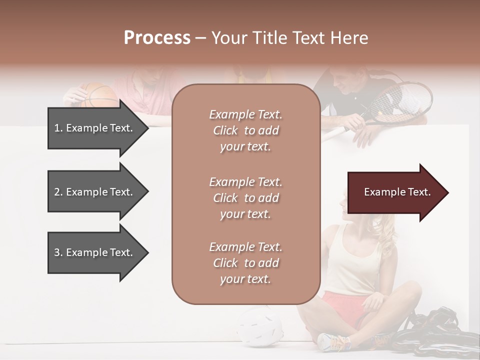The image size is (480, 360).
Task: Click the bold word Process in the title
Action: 157,38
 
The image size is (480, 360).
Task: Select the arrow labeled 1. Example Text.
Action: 95,128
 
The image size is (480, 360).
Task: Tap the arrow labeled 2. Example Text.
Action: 95,192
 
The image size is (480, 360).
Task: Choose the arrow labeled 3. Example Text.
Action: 95,252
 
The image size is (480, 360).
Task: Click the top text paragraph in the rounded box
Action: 245,130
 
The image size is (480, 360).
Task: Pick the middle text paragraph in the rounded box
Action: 245,198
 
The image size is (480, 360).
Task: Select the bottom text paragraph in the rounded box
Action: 245,263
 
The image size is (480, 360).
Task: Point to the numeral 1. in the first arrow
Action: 58,128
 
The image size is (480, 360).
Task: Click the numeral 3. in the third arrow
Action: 58,252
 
